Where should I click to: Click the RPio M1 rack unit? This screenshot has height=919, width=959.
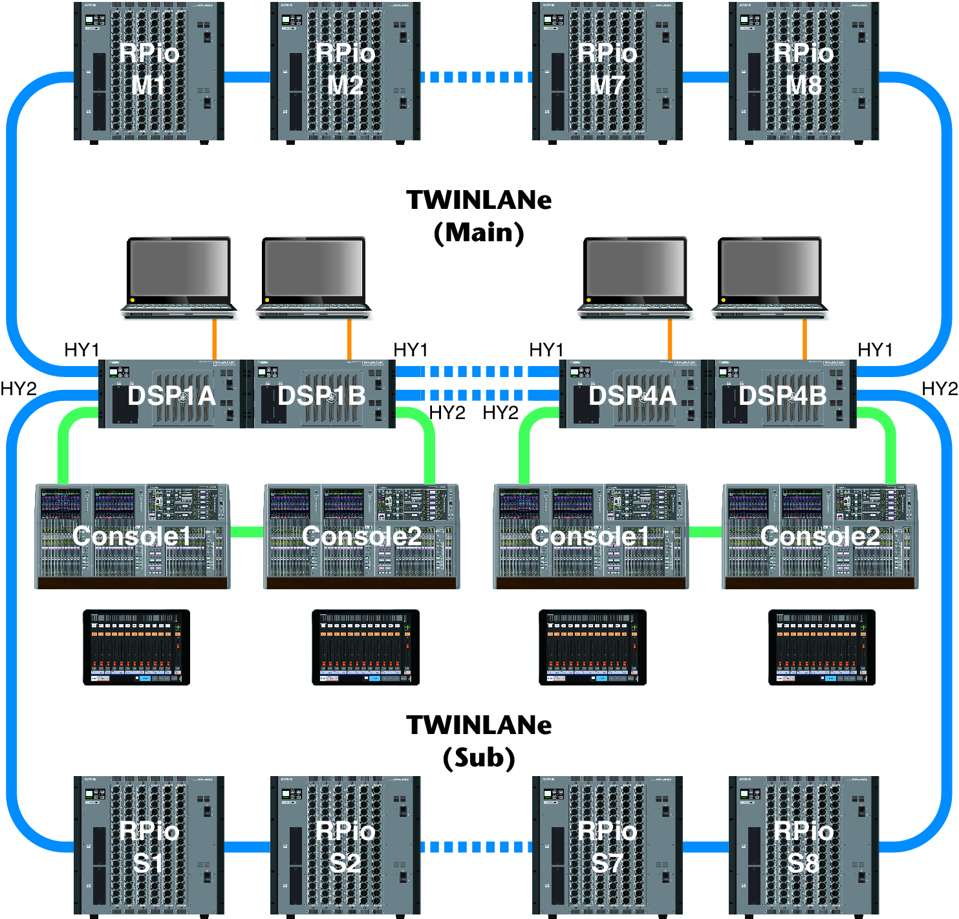(149, 71)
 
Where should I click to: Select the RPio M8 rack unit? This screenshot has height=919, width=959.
(804, 71)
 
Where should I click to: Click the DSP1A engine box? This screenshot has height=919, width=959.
(172, 395)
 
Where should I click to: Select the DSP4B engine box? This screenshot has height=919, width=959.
(783, 395)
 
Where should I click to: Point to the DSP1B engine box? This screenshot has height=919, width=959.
(322, 395)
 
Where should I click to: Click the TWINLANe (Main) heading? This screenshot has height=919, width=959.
(479, 216)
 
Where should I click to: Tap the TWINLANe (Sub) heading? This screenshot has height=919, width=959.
(479, 741)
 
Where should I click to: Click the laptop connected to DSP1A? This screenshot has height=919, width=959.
(178, 277)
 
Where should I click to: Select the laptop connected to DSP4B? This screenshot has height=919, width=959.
(770, 277)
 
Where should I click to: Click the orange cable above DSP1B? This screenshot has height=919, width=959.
(349, 340)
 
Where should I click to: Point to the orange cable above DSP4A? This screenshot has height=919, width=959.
(670, 340)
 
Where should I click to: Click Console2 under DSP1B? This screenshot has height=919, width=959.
(361, 536)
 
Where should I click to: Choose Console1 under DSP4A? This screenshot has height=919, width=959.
(591, 536)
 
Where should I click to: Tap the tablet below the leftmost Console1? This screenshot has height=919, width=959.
(136, 647)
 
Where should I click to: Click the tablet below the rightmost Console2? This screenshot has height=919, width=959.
(821, 647)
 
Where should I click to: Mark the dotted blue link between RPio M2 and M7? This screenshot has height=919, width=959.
(476, 78)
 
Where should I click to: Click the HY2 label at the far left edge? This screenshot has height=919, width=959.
(18, 389)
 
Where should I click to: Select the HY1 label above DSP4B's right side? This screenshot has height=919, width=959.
(875, 350)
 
